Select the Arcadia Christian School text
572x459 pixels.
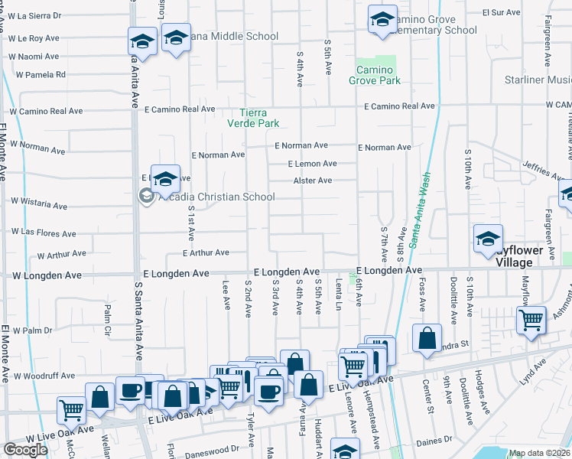(216, 197)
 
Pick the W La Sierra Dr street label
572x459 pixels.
(34, 15)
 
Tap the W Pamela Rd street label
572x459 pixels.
(41, 75)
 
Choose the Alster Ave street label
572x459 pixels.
(313, 181)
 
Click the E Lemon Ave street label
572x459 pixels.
(312, 164)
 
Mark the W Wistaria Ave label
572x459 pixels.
(39, 204)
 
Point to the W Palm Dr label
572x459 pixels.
(31, 330)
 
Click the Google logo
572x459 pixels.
(25, 450)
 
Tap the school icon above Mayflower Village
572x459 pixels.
(488, 239)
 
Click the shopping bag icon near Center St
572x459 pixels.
(427, 337)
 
